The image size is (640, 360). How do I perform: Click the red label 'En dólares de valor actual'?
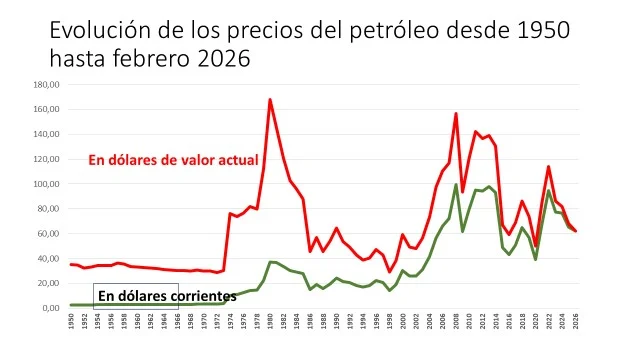(173, 160)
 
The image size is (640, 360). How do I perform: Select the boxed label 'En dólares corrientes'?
(165, 296)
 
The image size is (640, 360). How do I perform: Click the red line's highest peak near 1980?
(270, 99)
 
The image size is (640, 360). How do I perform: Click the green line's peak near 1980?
(270, 261)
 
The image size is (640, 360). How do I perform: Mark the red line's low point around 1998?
(390, 272)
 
